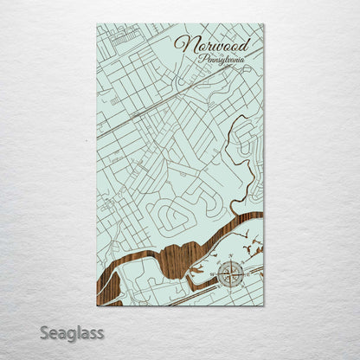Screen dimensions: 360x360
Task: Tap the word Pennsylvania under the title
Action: [221, 60]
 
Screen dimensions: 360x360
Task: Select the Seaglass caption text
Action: [72, 331]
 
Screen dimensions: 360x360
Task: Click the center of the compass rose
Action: [230, 275]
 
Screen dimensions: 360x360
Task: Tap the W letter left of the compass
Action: [215, 276]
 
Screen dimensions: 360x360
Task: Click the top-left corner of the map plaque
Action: [97, 24]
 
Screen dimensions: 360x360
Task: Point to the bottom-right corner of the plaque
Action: [264, 306]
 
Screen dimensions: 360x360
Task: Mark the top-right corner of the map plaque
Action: [264, 24]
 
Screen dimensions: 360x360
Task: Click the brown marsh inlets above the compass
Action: [247, 251]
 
